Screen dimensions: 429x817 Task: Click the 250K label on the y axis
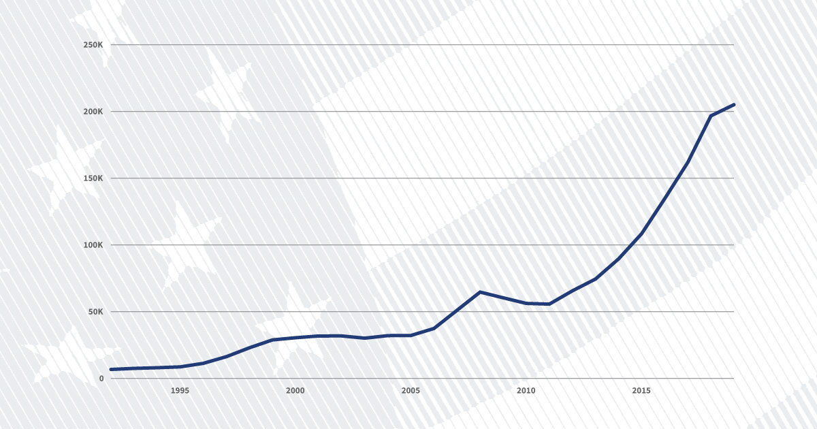coord(92,45)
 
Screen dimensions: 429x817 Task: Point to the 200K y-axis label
coord(92,112)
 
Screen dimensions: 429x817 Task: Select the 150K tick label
coord(92,178)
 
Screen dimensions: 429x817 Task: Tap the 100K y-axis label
coord(92,245)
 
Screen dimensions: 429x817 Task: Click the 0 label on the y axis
coord(101,379)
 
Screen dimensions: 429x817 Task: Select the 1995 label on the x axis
coord(180,391)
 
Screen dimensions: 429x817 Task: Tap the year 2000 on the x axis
coord(295,391)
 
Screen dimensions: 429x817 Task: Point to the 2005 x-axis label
coord(411,391)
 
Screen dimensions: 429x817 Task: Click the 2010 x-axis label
coord(526,391)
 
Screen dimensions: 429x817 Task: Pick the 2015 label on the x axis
coord(641,391)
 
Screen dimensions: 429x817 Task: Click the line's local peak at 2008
coord(480,292)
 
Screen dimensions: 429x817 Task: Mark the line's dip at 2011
coord(549,304)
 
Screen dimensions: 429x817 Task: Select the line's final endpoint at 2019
coord(734,104)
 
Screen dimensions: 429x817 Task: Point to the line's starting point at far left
coord(111,369)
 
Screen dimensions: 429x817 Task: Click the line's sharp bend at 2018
coord(711,116)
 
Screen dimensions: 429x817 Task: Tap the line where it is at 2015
coord(641,234)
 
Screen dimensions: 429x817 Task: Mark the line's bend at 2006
coord(434,328)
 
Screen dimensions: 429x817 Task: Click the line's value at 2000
coord(295,338)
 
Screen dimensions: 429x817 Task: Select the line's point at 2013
coord(595,279)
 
